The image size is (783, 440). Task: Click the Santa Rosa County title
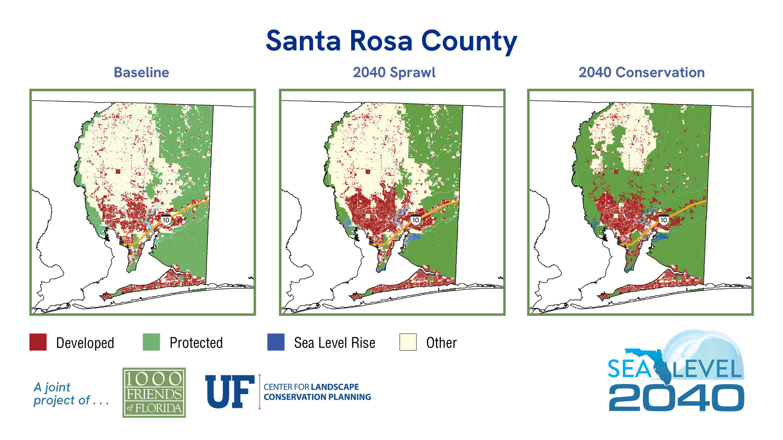pyautogui.click(x=391, y=41)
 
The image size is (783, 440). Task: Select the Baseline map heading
pyautogui.click(x=141, y=73)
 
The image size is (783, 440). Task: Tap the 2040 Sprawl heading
pyautogui.click(x=394, y=73)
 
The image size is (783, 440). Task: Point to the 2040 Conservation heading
pyautogui.click(x=641, y=73)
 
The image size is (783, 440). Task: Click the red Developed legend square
pyautogui.click(x=38, y=342)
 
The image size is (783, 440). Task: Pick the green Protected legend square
pyautogui.click(x=151, y=342)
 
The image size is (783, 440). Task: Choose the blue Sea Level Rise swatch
pyautogui.click(x=276, y=342)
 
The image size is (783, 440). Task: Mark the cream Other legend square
pyautogui.click(x=408, y=342)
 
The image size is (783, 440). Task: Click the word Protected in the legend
pyautogui.click(x=196, y=343)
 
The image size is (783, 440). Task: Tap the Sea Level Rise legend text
pyautogui.click(x=334, y=343)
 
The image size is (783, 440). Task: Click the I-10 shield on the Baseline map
pyautogui.click(x=166, y=220)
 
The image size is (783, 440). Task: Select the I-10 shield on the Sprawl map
pyautogui.click(x=415, y=220)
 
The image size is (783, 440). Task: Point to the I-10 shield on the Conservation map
pyautogui.click(x=664, y=220)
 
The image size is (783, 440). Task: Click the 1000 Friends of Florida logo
pyautogui.click(x=154, y=392)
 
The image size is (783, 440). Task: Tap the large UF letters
pyautogui.click(x=229, y=392)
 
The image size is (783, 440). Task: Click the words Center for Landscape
pyautogui.click(x=311, y=387)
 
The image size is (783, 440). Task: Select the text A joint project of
pyautogui.click(x=70, y=394)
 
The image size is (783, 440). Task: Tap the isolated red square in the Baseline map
pyautogui.click(x=118, y=172)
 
